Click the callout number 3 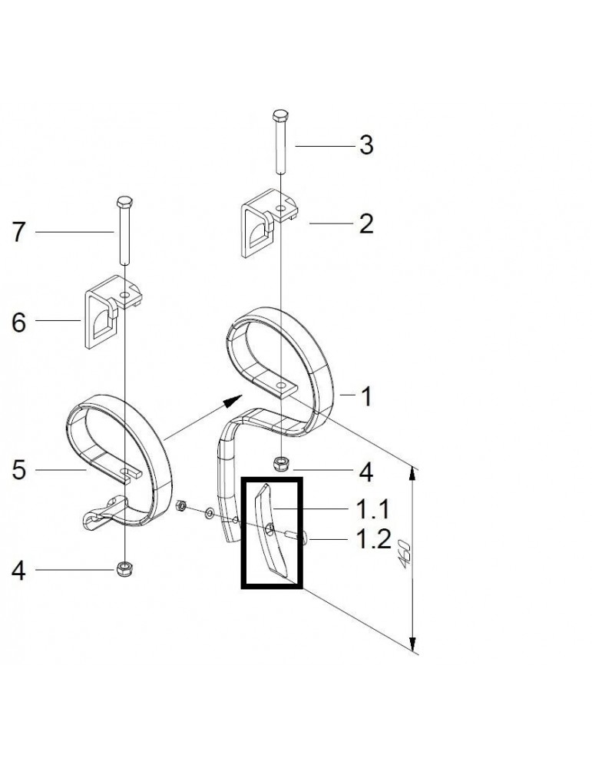click(366, 145)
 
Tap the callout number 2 click(366, 223)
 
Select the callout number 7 click(18, 232)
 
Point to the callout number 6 click(18, 323)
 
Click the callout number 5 click(18, 470)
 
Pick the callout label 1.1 click(372, 509)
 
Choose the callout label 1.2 click(373, 539)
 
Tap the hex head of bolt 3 click(279, 116)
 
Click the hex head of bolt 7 click(124, 202)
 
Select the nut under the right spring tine click(280, 463)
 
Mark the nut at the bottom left click(124, 569)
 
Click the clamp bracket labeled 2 click(269, 223)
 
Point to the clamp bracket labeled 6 click(114, 312)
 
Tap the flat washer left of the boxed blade click(210, 513)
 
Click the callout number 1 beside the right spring click(366, 396)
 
